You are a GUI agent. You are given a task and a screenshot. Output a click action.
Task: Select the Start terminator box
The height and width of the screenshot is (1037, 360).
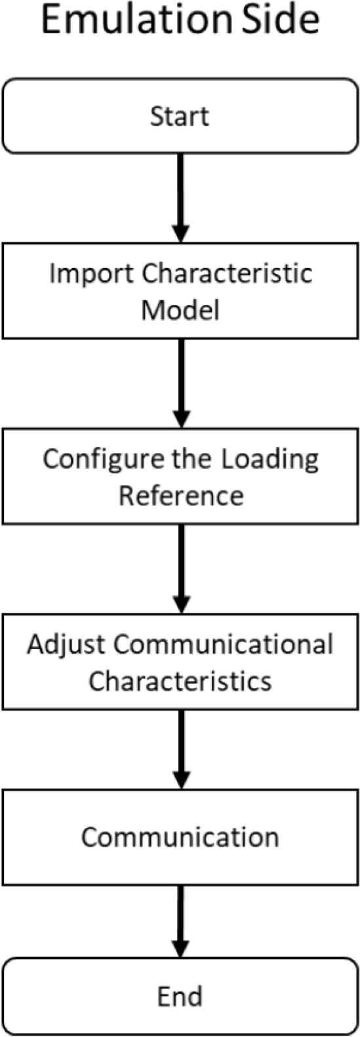[180, 116]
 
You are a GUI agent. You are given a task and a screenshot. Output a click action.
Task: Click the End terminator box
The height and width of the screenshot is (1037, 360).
[180, 996]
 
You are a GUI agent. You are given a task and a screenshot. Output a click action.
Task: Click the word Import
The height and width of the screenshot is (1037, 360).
[91, 274]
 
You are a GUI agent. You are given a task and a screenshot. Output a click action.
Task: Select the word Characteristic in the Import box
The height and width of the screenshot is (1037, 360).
[227, 273]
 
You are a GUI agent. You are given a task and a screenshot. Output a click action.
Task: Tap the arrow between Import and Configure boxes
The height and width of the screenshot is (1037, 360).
[181, 383]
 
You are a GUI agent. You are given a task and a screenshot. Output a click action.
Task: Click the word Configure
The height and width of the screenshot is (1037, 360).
[105, 460]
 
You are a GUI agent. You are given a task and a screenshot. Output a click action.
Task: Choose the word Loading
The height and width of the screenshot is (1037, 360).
[270, 460]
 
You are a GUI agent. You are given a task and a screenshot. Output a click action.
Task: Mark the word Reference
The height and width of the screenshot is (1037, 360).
[181, 496]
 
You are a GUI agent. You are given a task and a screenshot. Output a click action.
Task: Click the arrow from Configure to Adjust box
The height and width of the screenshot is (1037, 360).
[181, 569]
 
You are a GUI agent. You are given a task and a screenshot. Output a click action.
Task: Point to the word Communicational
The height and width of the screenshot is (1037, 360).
[224, 644]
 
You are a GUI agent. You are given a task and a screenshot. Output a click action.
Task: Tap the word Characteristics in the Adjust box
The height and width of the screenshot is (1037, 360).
[180, 681]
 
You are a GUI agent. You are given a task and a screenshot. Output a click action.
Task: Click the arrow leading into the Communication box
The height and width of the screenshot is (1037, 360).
[181, 750]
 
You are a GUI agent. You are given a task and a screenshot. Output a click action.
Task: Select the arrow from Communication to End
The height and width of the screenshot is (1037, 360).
[181, 922]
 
